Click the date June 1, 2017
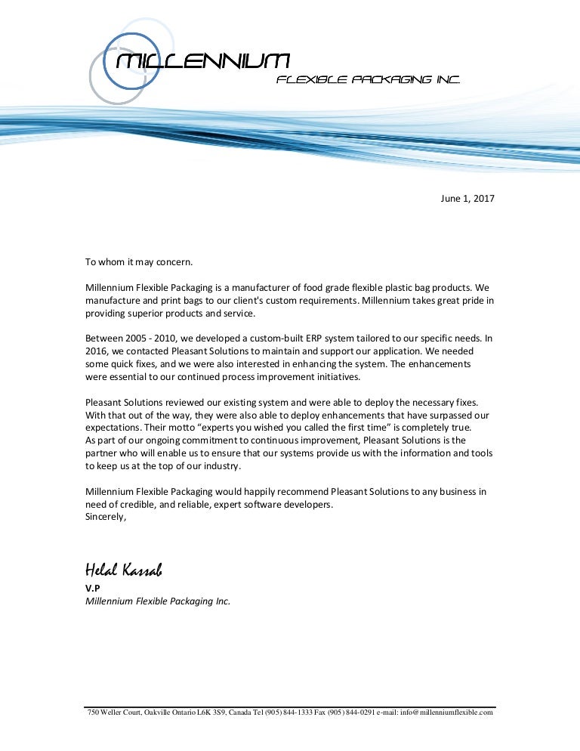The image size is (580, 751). click(x=467, y=199)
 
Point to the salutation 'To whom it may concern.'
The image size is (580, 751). click(x=139, y=262)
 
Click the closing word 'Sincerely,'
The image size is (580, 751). click(x=106, y=517)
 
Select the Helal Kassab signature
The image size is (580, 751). click(x=123, y=569)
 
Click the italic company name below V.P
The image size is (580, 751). click(x=157, y=601)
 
